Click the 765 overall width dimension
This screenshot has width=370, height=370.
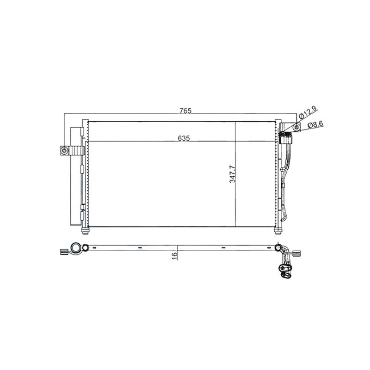click(x=185, y=111)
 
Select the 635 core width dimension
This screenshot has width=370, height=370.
click(x=184, y=138)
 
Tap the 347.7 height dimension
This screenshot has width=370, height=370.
click(x=233, y=174)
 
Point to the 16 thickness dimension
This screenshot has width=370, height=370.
click(x=175, y=256)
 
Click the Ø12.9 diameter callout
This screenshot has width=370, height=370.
click(x=308, y=112)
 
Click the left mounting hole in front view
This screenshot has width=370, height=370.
click(x=64, y=150)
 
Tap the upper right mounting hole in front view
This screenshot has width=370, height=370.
click(x=296, y=128)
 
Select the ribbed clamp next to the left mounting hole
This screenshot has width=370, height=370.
click(x=77, y=150)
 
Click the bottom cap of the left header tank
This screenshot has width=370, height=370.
click(x=85, y=230)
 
